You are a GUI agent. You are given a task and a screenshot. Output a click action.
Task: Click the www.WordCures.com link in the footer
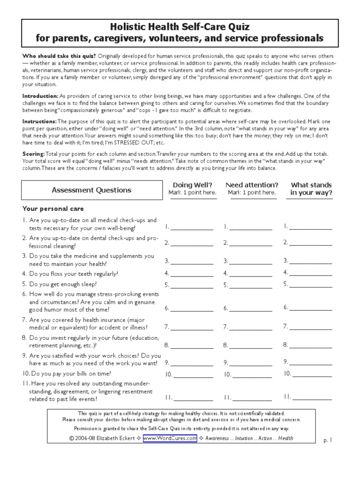point(170,438)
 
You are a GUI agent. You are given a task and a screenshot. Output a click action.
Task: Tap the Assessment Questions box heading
point(91,190)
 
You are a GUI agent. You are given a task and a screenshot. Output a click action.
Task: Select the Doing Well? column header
point(193,188)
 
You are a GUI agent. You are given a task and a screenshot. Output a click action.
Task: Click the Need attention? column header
point(252,188)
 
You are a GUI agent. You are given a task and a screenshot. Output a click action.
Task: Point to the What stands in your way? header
point(311,188)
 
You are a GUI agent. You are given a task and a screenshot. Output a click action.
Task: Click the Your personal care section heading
point(53,209)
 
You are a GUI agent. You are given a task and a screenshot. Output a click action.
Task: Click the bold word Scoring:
point(34,154)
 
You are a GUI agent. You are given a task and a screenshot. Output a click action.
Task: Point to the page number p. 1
point(328,441)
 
